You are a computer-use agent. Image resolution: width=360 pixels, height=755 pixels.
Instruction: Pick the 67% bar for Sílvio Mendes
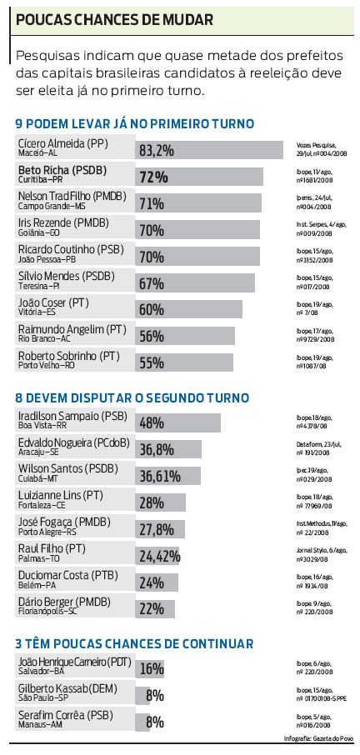coord(196,283)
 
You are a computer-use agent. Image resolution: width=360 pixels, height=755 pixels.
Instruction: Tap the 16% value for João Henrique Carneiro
coord(152,668)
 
